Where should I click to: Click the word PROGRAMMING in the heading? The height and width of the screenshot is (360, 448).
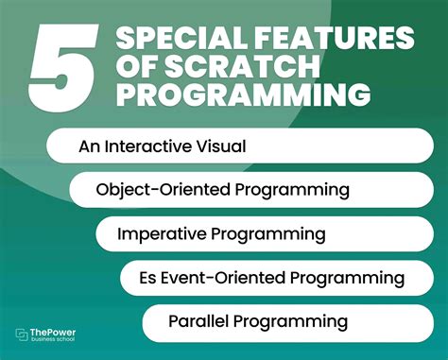pyautogui.click(x=241, y=94)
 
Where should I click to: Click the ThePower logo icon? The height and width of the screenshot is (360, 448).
pyautogui.click(x=24, y=335)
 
